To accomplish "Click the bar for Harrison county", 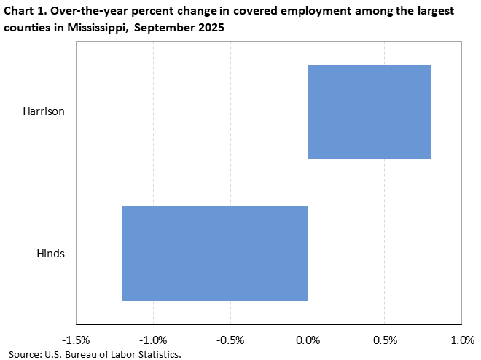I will tap(369, 111).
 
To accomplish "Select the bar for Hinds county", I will tap(215, 253).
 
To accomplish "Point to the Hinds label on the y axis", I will tap(51, 253).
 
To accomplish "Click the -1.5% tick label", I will tap(76, 340).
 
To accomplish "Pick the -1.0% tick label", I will tap(153, 340).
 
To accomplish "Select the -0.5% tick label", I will tap(230, 340).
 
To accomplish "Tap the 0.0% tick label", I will tap(308, 340).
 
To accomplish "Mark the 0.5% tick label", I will tap(385, 340).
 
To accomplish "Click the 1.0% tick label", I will tap(462, 340).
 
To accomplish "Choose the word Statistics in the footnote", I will tap(155, 354).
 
